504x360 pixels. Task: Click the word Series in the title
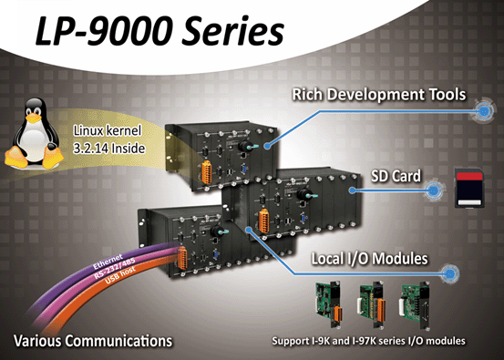[x=233, y=31]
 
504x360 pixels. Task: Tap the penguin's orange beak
[x=34, y=118]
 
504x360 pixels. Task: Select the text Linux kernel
[x=108, y=131]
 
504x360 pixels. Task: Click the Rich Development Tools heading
[x=379, y=95]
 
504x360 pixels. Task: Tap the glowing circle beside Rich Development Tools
[x=483, y=111]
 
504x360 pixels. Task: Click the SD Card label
[x=396, y=176]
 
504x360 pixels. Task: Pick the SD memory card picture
[x=469, y=189]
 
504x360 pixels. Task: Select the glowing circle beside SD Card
[x=434, y=190]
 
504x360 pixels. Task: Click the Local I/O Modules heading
[x=370, y=259]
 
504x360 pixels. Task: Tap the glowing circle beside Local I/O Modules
[x=449, y=273]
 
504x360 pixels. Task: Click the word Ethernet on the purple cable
[x=108, y=262]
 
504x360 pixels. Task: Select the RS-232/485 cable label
[x=115, y=268]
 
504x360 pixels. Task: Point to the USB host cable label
[x=120, y=276]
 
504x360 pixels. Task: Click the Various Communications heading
[x=93, y=341]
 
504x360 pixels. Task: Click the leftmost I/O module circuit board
[x=328, y=303]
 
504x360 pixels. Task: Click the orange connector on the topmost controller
[x=207, y=172]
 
